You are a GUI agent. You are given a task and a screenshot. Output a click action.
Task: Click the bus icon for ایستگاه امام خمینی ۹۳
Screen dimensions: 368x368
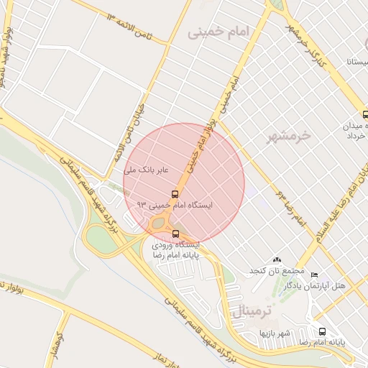[175, 194]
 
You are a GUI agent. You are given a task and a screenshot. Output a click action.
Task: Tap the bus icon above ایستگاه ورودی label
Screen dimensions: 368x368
[176, 234]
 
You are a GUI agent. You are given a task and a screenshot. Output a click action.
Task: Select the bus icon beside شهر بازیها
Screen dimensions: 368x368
[321, 331]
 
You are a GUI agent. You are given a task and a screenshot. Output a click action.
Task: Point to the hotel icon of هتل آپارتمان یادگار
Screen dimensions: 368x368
[313, 275]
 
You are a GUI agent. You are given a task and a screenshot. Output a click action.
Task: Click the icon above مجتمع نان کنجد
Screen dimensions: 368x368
[277, 259]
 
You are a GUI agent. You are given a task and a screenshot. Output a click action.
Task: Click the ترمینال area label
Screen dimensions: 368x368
[254, 311]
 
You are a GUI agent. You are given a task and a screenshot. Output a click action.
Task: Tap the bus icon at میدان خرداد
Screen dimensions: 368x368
[366, 114]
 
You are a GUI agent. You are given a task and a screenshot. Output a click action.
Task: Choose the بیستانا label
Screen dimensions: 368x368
[356, 63]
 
